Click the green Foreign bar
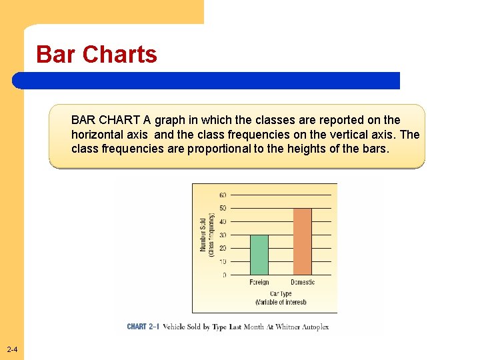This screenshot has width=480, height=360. click(x=259, y=255)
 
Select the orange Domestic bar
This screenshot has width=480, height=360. click(x=303, y=241)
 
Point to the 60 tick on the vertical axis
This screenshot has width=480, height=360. click(x=223, y=195)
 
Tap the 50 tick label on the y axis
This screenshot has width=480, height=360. click(x=223, y=209)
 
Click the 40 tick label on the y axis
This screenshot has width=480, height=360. click(x=223, y=222)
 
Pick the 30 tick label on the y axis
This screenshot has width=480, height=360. click(x=223, y=235)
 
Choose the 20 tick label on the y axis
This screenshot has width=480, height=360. click(x=223, y=248)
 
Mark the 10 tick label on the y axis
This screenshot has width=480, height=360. click(x=223, y=261)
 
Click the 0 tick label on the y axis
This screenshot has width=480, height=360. click(x=225, y=275)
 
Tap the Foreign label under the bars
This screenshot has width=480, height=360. click(x=259, y=283)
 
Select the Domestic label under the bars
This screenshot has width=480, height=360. click(x=303, y=283)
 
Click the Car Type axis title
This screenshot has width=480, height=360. click(x=281, y=293)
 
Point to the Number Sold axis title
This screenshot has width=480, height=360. click(x=204, y=235)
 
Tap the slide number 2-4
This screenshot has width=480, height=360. click(x=12, y=351)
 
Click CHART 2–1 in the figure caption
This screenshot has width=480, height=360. click(x=143, y=327)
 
